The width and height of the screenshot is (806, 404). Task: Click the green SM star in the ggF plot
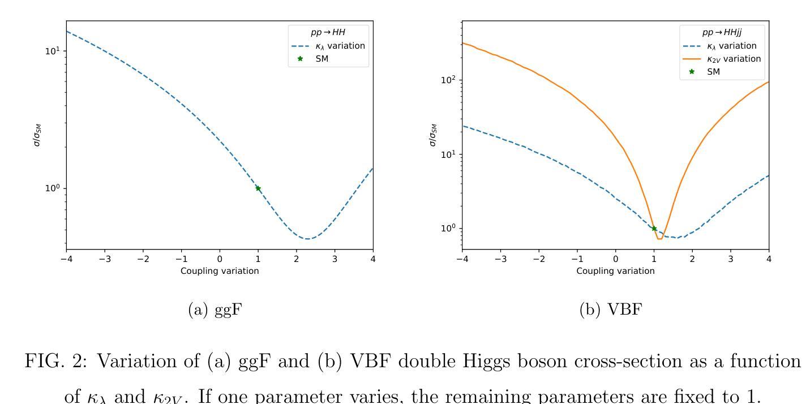click(258, 188)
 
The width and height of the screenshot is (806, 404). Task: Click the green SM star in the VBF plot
click(654, 229)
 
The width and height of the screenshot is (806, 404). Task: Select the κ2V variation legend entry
click(734, 59)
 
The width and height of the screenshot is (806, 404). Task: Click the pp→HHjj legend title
click(726, 33)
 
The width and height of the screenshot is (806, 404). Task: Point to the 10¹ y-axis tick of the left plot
click(52, 51)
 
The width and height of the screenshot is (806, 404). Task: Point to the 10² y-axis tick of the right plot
click(448, 80)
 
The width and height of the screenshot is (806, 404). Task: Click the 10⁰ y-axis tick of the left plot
click(52, 188)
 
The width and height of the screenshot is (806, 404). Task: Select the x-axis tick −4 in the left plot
click(66, 259)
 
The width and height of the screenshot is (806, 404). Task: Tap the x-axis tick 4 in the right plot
click(769, 259)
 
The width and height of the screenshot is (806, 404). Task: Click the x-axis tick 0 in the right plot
click(616, 259)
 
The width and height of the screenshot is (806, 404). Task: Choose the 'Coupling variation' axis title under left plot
click(220, 271)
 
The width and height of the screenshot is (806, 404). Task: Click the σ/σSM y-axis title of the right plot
click(433, 135)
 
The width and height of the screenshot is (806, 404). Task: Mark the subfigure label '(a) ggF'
click(215, 310)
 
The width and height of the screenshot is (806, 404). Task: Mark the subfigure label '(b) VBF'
click(611, 310)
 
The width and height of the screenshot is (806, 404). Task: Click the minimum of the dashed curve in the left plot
click(307, 239)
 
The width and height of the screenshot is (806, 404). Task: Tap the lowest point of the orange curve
click(659, 239)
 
